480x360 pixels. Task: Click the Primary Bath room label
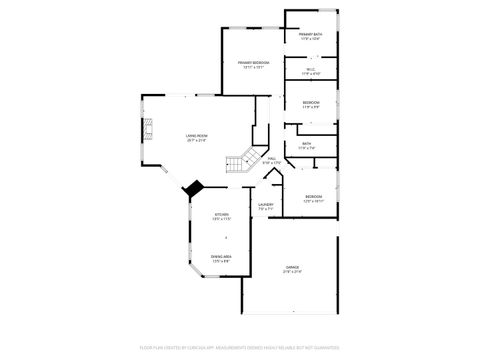(x=310, y=35)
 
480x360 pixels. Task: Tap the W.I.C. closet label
(x=310, y=69)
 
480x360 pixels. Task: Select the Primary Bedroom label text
(x=252, y=62)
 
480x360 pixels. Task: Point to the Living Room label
(x=196, y=136)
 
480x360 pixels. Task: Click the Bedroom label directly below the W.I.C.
(x=311, y=102)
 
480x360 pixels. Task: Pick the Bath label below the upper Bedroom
(x=307, y=143)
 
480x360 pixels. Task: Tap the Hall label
(x=271, y=158)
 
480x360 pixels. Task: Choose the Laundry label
(x=265, y=205)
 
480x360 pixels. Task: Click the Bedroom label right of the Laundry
(x=313, y=196)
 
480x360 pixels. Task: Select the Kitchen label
(x=221, y=215)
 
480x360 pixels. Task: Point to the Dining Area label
(x=221, y=257)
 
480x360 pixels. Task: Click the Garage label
(x=292, y=268)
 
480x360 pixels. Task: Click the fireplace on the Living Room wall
(x=148, y=129)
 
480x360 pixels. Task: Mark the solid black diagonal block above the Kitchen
(x=193, y=187)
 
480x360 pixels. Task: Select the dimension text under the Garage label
(x=292, y=273)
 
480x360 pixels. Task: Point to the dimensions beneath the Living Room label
(x=196, y=141)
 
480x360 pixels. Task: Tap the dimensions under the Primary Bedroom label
(x=252, y=67)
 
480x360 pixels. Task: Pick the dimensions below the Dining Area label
(x=221, y=262)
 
